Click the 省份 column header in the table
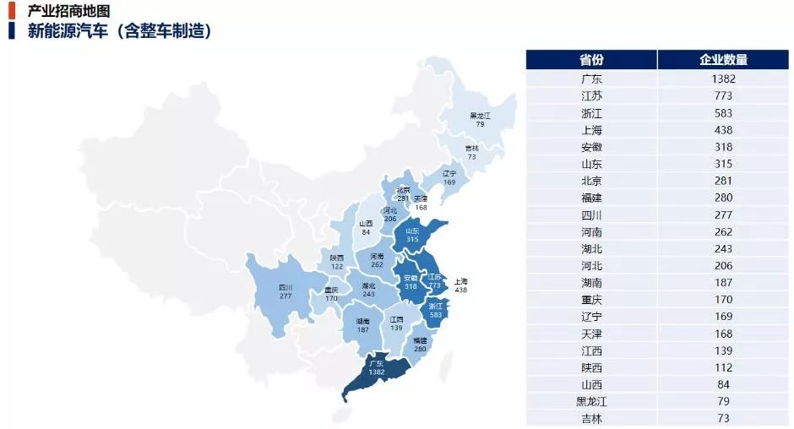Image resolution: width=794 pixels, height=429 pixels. (x=591, y=60)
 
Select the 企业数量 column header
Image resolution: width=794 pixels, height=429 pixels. (x=723, y=60)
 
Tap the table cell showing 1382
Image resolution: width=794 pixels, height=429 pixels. (x=723, y=79)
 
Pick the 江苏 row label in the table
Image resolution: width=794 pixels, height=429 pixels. (x=591, y=95)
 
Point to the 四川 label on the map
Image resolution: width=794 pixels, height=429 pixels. (x=286, y=287)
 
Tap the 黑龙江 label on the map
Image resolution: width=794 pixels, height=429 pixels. (x=480, y=116)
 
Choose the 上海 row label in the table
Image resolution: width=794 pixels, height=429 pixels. (x=591, y=130)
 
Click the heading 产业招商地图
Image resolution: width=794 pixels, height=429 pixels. (x=68, y=11)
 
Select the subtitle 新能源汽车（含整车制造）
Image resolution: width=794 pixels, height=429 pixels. (x=119, y=31)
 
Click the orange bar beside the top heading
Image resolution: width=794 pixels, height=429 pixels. (x=12, y=10)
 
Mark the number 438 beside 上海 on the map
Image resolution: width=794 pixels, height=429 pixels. (x=460, y=290)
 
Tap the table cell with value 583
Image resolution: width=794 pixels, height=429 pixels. (x=723, y=113)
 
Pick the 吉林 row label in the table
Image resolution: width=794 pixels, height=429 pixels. (x=591, y=418)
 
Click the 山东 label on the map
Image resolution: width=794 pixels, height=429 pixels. (x=412, y=231)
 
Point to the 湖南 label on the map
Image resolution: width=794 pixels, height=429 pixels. (x=363, y=321)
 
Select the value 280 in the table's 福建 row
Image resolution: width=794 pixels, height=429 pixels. (x=723, y=198)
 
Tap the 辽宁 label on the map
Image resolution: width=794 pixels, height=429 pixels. (x=449, y=172)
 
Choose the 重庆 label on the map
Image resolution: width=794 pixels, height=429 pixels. (x=331, y=290)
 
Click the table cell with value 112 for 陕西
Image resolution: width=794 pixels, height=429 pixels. (x=723, y=367)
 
